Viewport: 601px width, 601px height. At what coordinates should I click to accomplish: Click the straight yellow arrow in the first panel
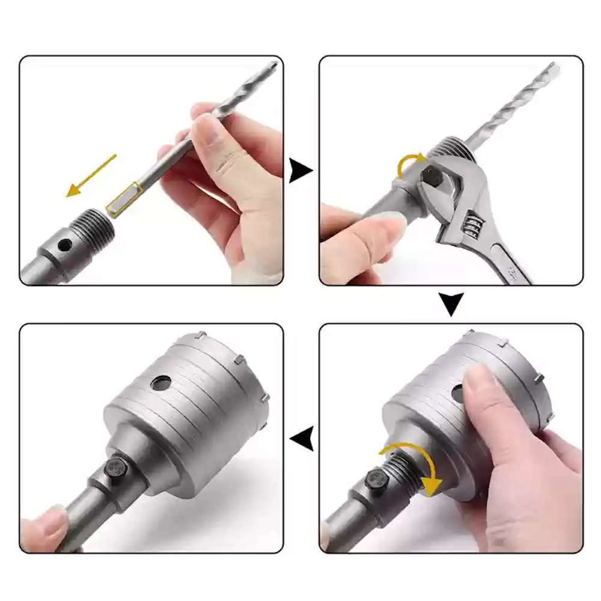(x=90, y=175)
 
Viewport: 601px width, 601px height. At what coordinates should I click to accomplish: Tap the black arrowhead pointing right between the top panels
(x=300, y=171)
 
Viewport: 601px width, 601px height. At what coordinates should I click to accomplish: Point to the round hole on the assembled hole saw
(x=161, y=382)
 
